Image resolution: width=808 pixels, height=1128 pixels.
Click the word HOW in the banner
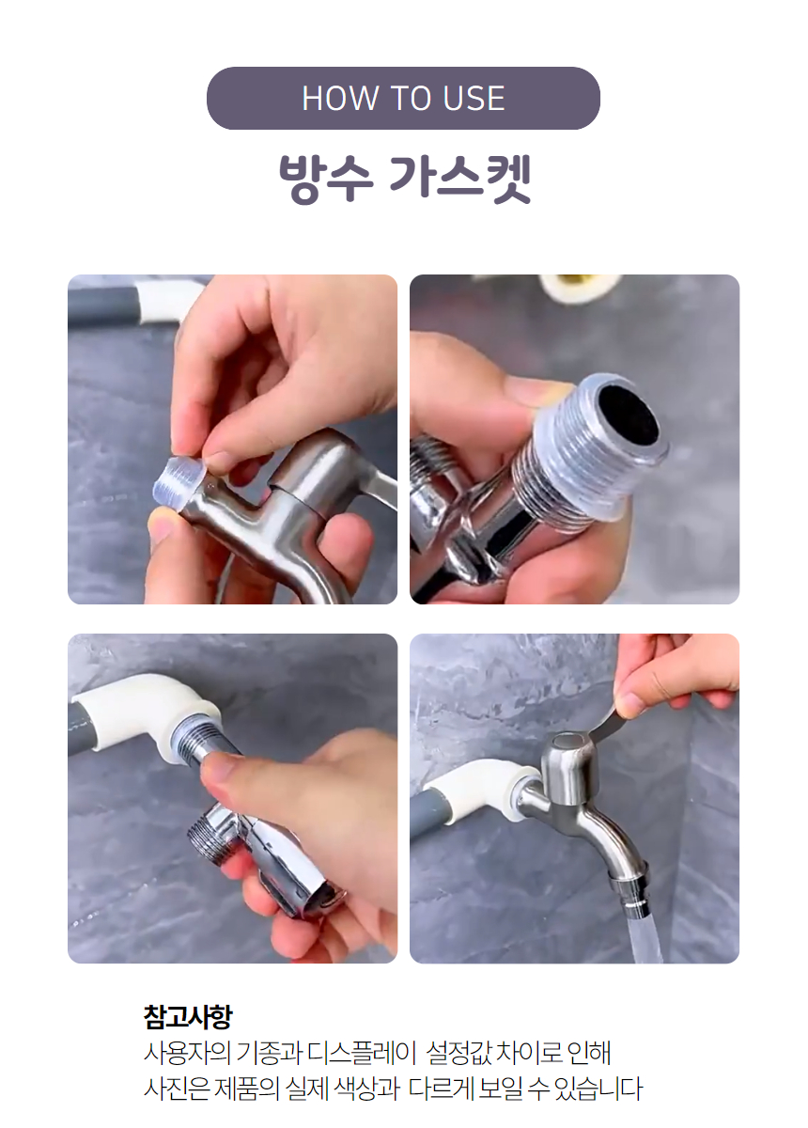click(339, 98)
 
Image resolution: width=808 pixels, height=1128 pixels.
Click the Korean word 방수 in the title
click(326, 180)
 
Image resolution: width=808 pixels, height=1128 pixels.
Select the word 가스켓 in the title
click(460, 180)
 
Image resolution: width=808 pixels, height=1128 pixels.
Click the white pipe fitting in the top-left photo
click(161, 303)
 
